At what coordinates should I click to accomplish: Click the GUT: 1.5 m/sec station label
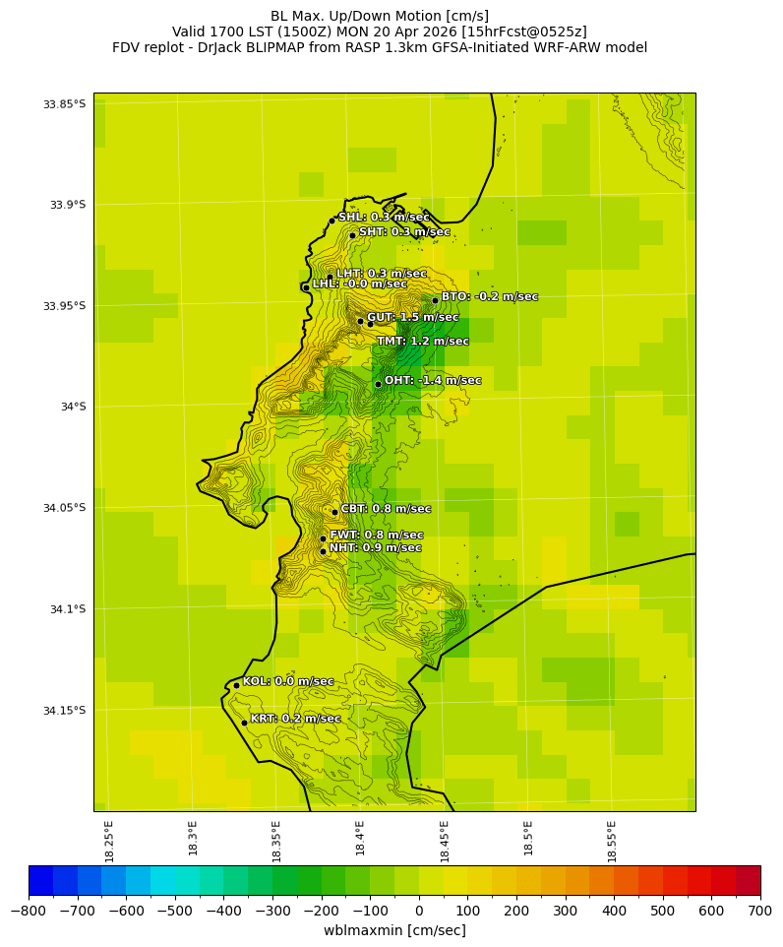412,318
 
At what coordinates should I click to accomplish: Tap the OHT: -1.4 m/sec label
433,381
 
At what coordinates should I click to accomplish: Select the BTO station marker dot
435,301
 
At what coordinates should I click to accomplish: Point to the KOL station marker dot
236,685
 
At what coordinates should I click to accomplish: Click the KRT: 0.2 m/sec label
295,720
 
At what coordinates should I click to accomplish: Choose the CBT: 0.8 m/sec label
386,509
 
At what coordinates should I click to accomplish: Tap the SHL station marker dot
332,221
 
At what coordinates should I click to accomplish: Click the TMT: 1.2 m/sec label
422,342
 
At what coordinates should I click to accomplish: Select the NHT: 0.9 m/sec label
375,548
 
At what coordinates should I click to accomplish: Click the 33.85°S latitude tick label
64,104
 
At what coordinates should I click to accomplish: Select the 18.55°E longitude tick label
612,840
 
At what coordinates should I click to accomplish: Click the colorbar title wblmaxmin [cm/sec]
394,930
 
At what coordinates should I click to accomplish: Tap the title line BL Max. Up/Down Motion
380,16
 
